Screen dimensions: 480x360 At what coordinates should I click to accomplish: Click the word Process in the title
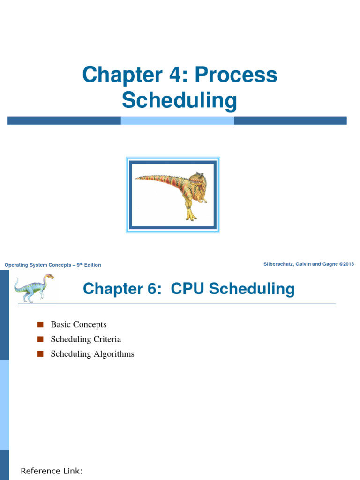click(236, 75)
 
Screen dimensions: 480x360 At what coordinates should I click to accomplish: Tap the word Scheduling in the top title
click(180, 100)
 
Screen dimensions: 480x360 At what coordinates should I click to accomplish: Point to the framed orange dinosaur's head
click(196, 180)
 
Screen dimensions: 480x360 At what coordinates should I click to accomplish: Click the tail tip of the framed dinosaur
click(137, 178)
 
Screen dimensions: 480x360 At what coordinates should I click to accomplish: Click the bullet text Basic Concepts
click(79, 324)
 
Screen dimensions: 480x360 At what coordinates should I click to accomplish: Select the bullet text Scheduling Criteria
click(86, 339)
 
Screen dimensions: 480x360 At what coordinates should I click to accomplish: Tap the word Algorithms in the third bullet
click(114, 354)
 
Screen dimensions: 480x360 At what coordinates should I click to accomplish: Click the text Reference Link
click(52, 471)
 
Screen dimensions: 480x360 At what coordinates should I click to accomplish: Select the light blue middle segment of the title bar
click(177, 120)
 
